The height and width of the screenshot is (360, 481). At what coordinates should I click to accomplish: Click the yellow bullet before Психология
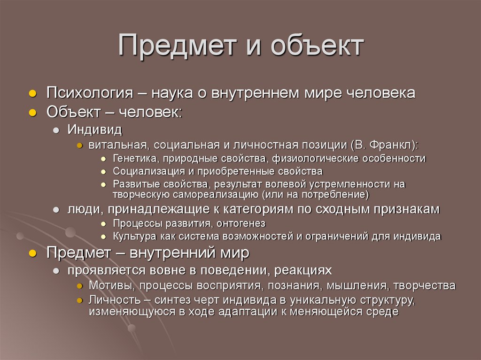[x=32, y=93]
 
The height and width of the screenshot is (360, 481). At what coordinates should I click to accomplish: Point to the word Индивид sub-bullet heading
[x=94, y=129]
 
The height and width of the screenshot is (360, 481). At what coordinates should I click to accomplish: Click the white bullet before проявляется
[x=56, y=271]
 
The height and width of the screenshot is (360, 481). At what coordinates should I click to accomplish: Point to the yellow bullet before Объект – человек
[x=32, y=113]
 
